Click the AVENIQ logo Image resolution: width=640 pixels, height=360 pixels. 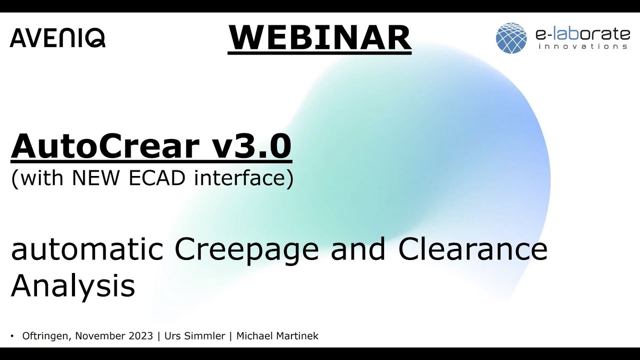[57, 38]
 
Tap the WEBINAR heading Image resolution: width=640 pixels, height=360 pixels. [319, 37]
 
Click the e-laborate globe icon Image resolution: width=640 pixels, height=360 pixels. [511, 38]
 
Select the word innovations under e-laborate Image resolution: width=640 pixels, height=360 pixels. [582, 46]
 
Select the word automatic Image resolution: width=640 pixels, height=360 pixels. [87, 249]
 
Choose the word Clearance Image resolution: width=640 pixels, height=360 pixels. [472, 249]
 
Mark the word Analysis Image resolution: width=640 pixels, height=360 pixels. [73, 286]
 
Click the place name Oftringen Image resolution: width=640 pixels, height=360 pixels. [47, 336]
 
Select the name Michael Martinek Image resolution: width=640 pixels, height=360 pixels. [277, 336]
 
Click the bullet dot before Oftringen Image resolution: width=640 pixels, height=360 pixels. [12, 335]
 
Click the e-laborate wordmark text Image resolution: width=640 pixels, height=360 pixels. [582, 34]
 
